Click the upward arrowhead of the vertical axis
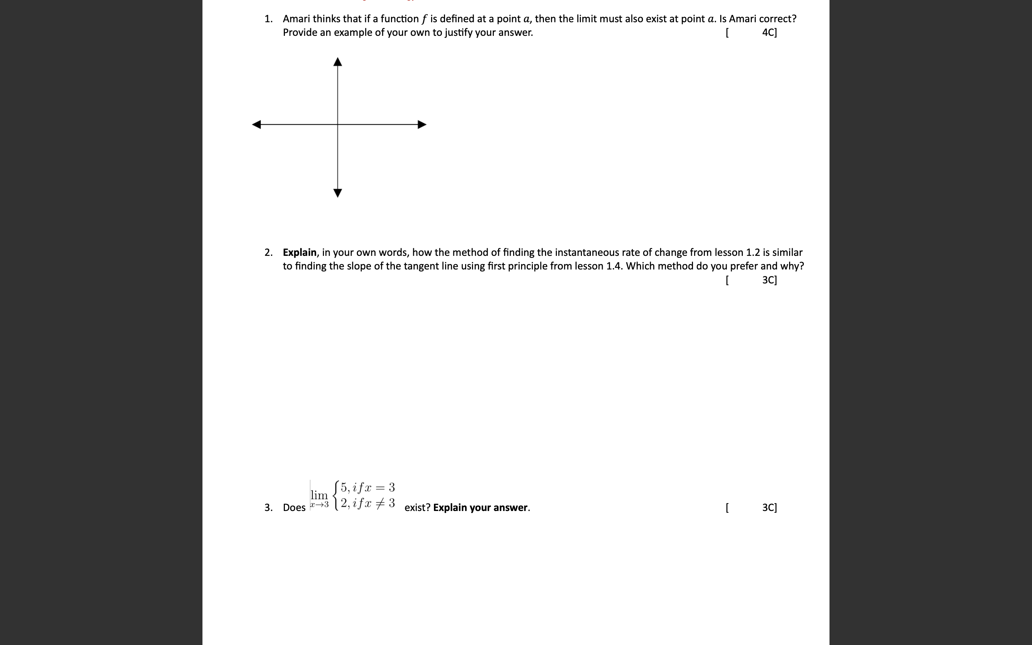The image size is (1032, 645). pos(338,62)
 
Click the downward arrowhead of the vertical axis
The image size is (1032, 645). pos(338,193)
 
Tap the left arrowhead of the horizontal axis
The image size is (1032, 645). pos(257,125)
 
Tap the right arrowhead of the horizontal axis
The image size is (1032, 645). pos(422,125)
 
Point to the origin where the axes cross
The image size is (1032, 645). pos(338,125)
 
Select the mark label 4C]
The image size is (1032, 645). pos(769,32)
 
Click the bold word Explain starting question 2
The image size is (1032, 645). pos(299,252)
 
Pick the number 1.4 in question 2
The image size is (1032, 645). pos(613,266)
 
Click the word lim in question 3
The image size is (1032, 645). pos(319,495)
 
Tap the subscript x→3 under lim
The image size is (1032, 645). pos(319,505)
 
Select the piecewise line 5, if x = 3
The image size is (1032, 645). pos(368,487)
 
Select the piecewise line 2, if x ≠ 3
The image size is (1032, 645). pos(368,503)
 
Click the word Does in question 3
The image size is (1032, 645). pos(294,508)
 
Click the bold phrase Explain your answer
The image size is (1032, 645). pos(481,508)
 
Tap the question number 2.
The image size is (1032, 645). pos(268,252)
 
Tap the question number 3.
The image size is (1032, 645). pos(268,508)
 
